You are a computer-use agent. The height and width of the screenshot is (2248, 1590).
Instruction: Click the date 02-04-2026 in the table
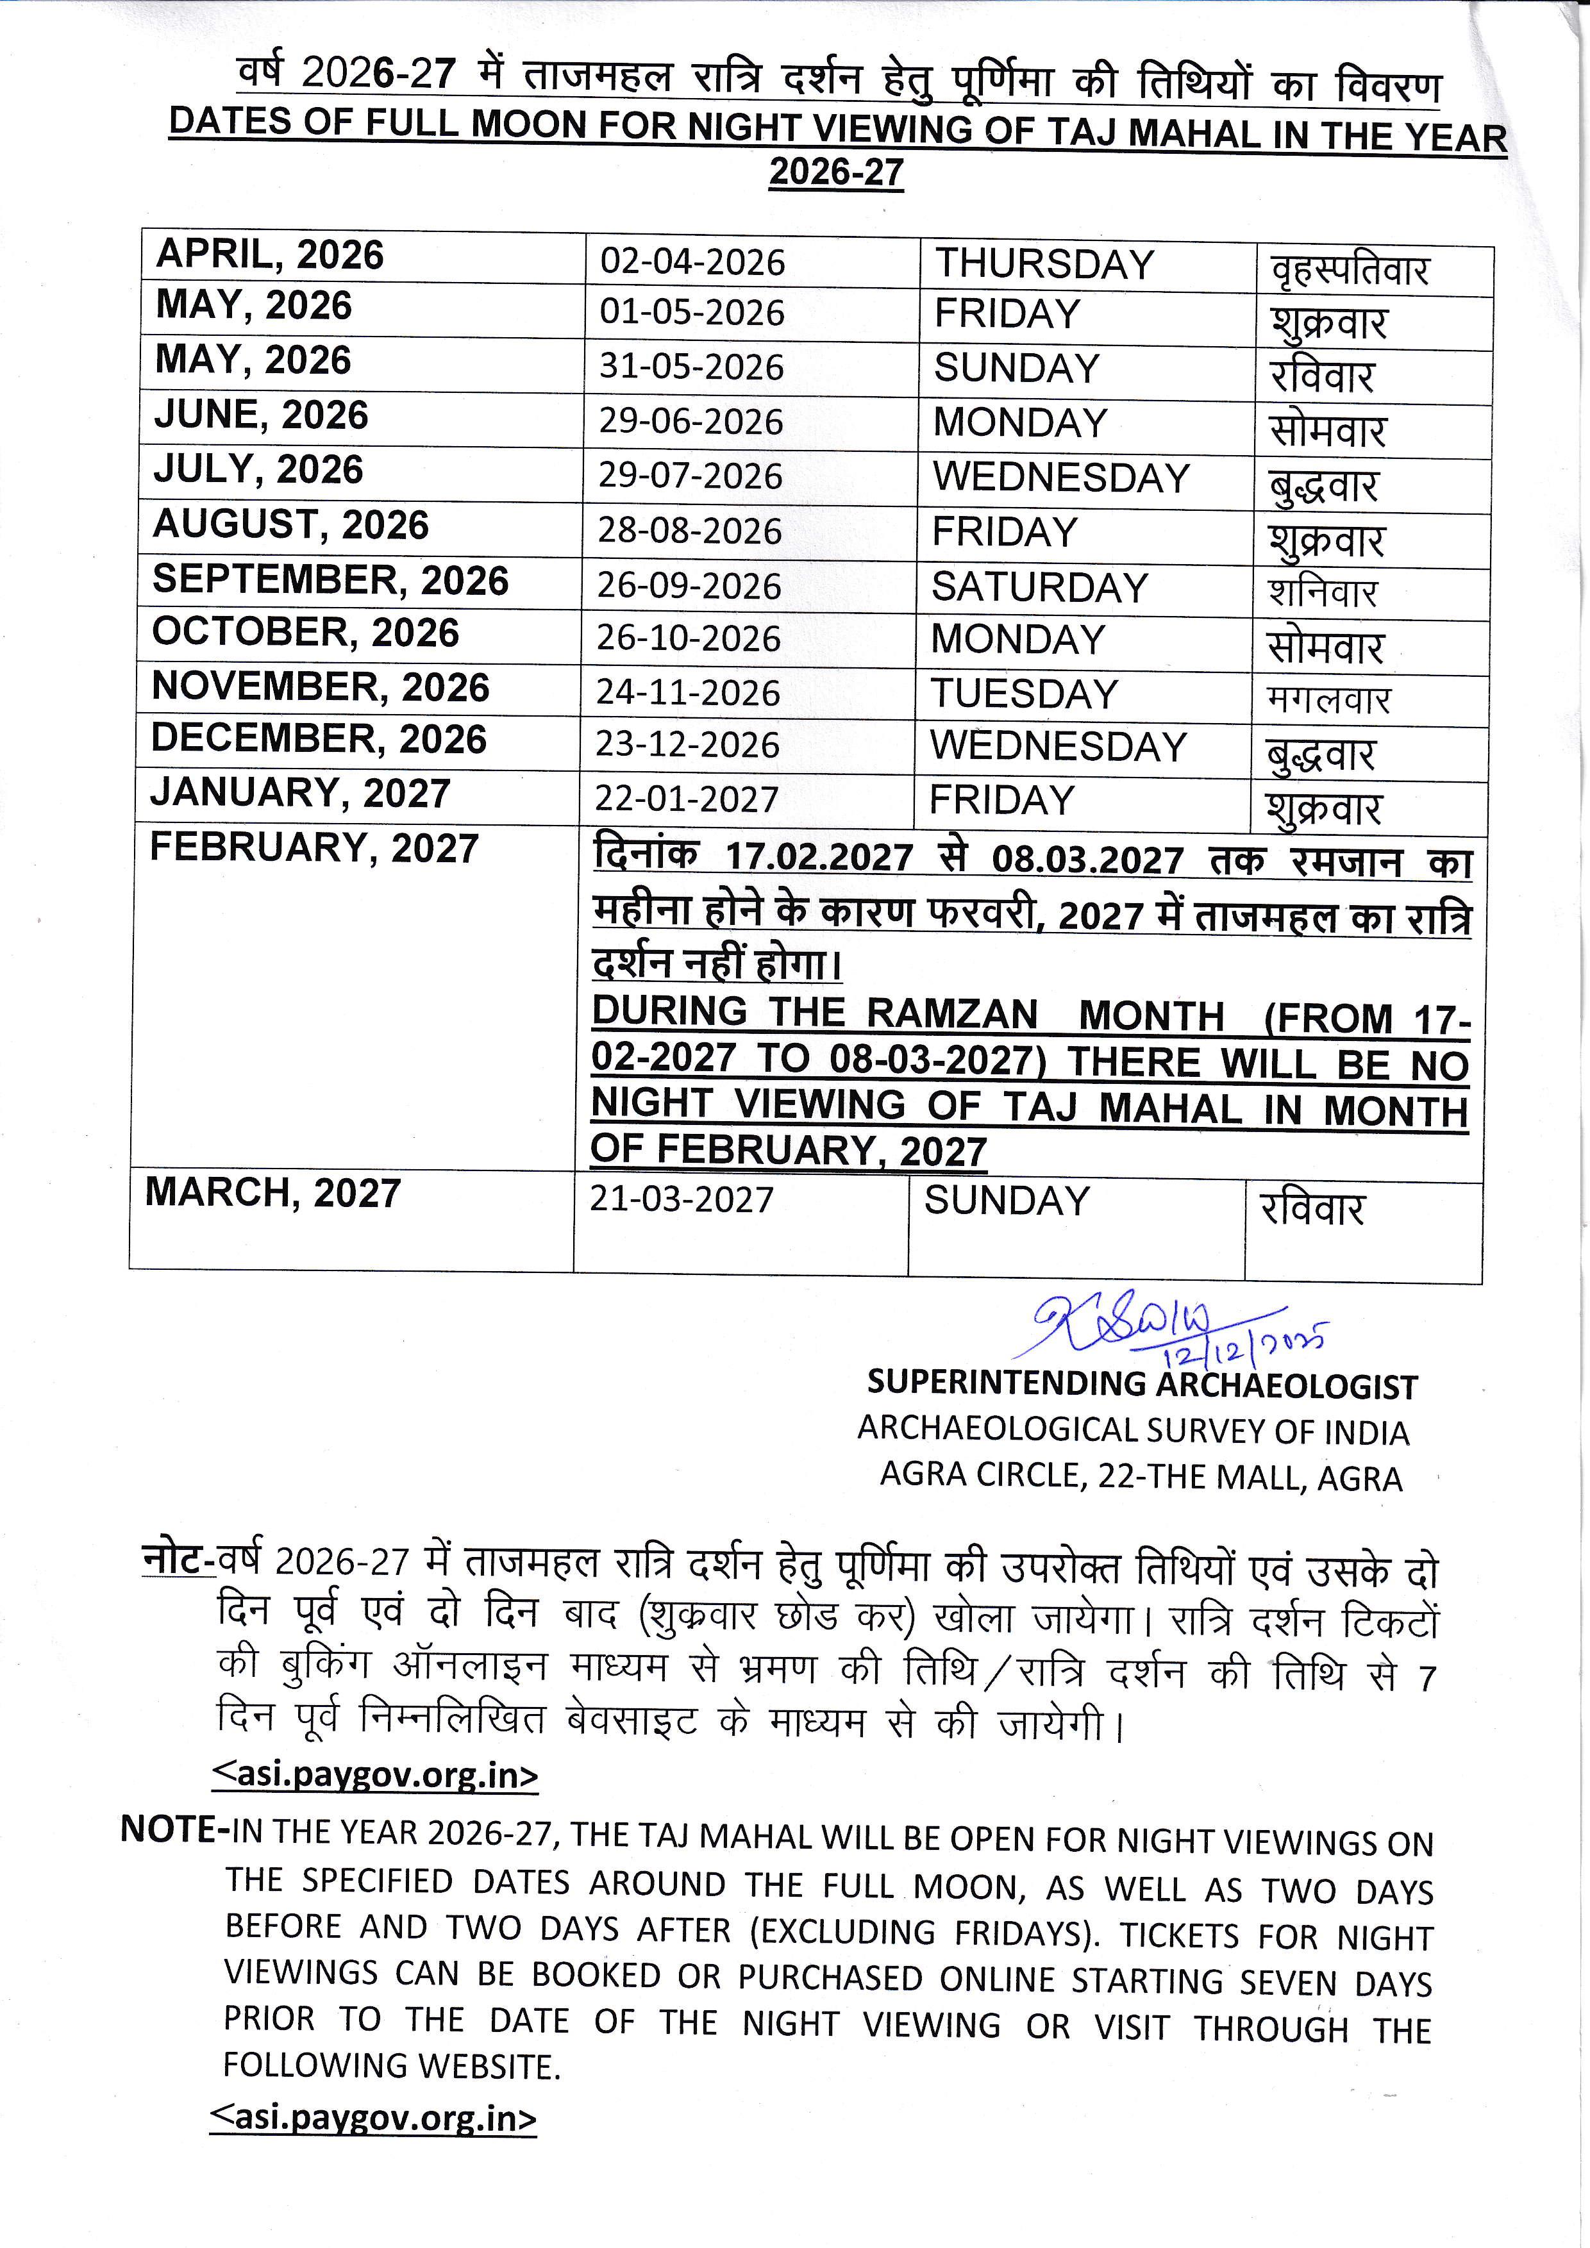[x=692, y=262]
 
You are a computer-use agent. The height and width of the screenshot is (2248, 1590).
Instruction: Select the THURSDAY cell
[x=1044, y=264]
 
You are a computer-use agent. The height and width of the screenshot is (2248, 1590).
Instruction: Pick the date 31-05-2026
[x=691, y=367]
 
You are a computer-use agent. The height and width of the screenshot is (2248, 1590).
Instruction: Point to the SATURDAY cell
[x=1039, y=587]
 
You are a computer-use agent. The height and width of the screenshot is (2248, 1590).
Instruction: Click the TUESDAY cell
[x=1023, y=694]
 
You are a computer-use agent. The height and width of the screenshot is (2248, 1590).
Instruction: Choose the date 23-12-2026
[x=687, y=745]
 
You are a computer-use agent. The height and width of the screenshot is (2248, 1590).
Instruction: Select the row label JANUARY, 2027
[x=299, y=793]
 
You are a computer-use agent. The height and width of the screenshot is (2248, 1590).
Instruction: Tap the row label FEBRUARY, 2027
[x=314, y=848]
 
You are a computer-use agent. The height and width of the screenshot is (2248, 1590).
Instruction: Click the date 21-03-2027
[x=682, y=1199]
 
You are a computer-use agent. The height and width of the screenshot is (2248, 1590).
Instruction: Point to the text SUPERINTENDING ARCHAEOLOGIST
[x=1142, y=1385]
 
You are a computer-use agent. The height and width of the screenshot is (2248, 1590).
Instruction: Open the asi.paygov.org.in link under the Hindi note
[x=375, y=1775]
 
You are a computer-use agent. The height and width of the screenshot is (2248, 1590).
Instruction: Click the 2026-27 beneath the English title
[x=836, y=172]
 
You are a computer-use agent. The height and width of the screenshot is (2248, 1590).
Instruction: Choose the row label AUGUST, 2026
[x=291, y=526]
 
